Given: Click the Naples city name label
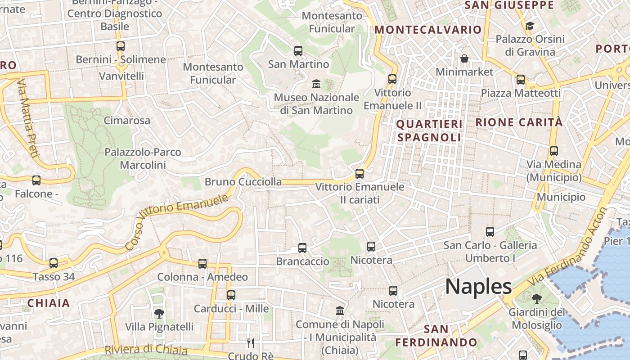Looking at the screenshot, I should (478, 287).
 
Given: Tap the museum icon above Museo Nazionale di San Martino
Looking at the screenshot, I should (316, 84).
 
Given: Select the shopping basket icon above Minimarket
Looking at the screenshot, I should (464, 58).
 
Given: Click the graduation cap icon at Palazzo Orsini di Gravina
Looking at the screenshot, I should (530, 26).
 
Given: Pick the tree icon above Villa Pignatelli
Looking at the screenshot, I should (159, 313).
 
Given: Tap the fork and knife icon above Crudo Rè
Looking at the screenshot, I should (251, 343).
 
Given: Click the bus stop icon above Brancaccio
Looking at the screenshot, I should (302, 248).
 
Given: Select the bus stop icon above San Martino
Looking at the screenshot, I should (298, 51).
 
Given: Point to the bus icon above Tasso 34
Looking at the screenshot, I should (54, 263).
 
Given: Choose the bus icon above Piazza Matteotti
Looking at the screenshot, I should (521, 80).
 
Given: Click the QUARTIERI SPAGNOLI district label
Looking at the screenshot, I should (429, 130).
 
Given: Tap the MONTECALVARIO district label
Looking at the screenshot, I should (428, 30).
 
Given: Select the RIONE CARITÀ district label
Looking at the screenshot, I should (519, 122).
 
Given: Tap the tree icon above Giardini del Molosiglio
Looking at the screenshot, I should (536, 298).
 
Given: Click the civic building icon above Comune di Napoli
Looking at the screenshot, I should (340, 311).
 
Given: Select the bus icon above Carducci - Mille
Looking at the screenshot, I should (231, 295).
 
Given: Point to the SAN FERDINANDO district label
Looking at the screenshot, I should (430, 336).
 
